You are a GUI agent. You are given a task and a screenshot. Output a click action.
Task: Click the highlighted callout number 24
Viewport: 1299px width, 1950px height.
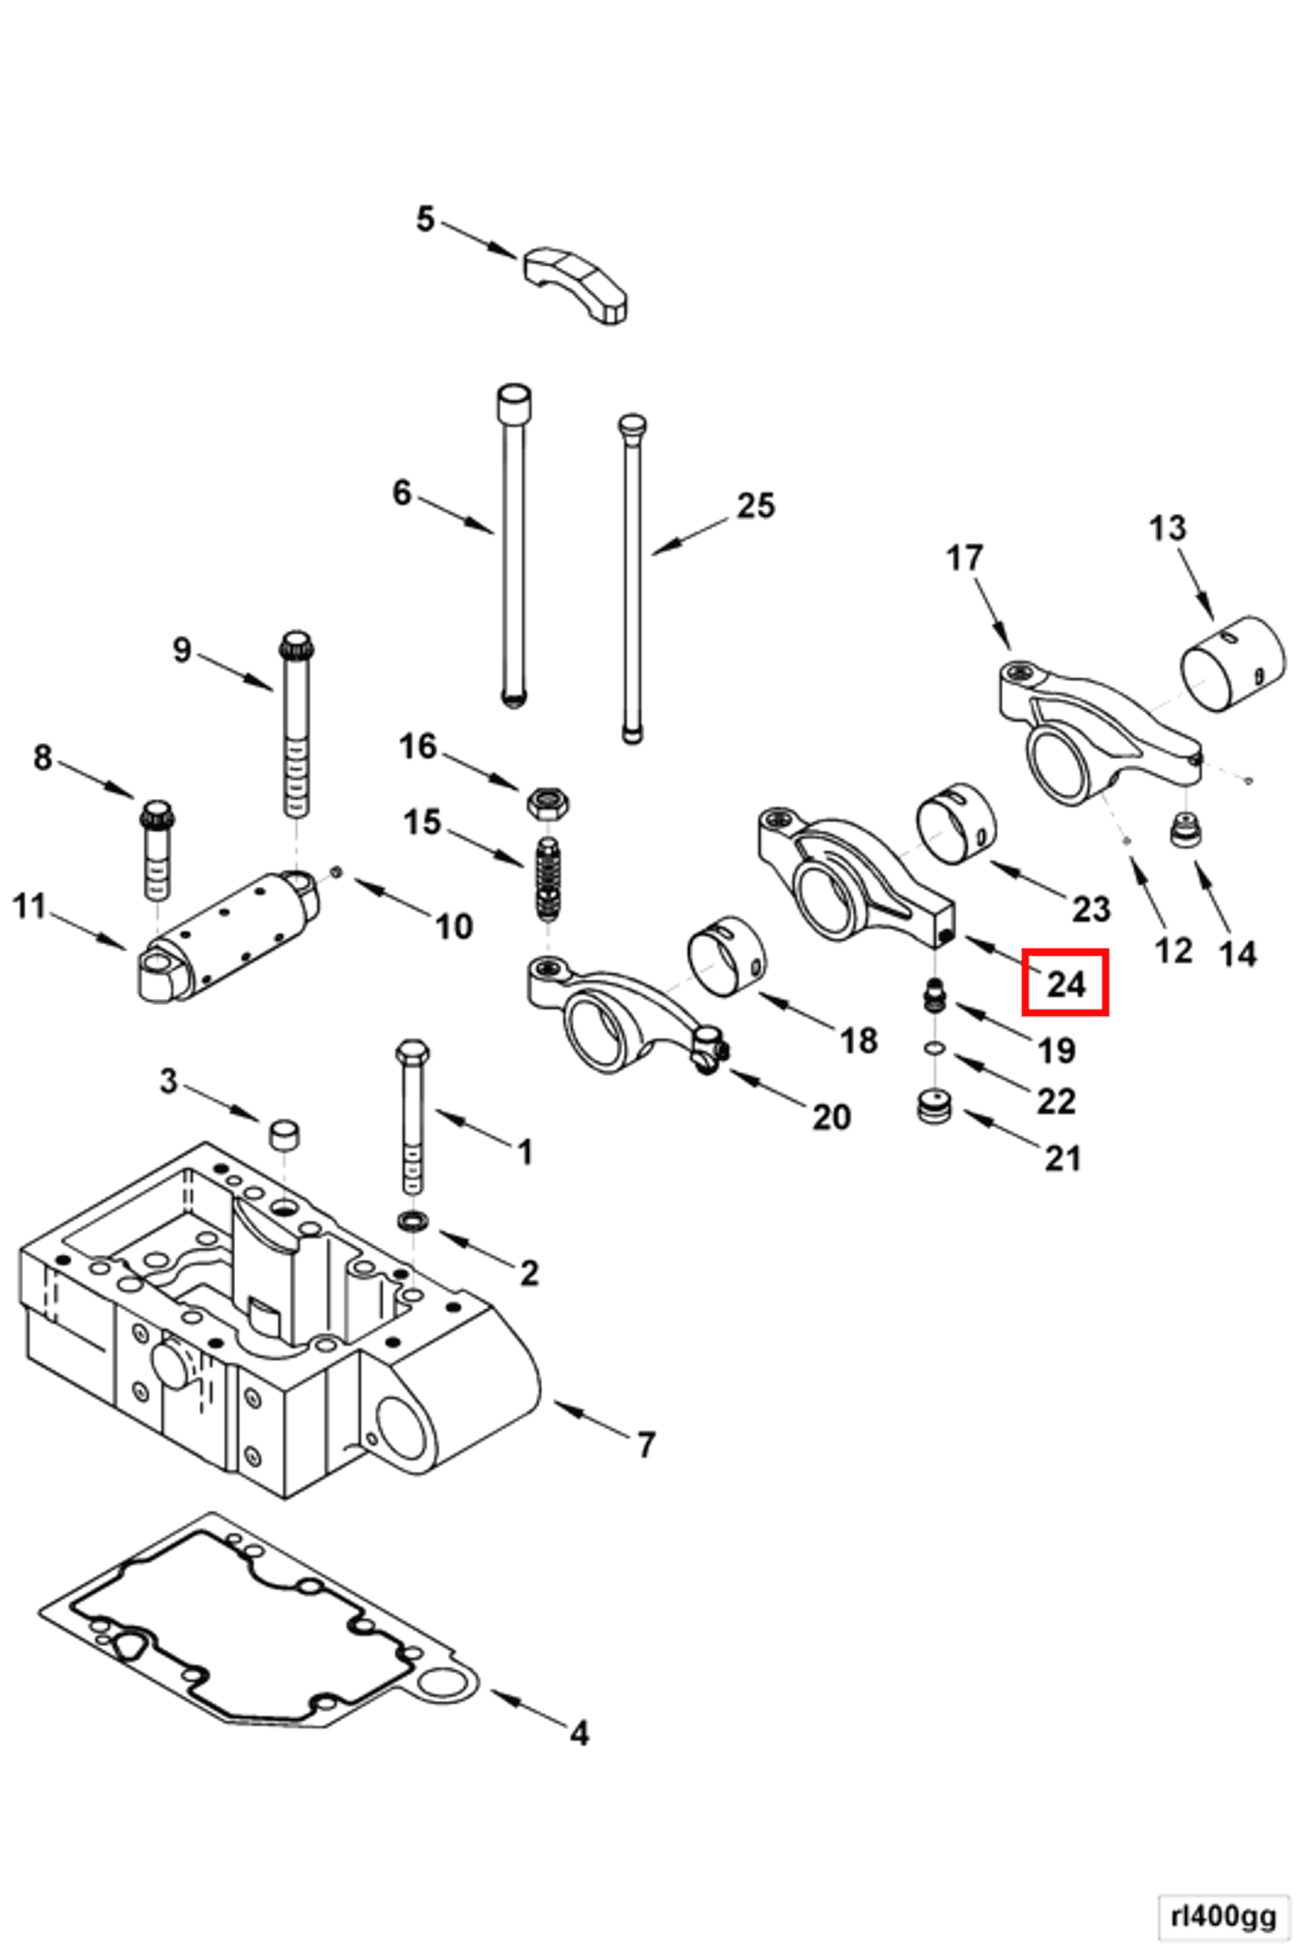[1065, 983]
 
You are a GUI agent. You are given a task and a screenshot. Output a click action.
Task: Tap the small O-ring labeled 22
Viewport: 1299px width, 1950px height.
[936, 1048]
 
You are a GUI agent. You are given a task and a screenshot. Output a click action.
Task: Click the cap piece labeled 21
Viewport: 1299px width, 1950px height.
[936, 1107]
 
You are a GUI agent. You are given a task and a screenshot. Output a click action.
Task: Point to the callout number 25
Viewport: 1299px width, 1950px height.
[755, 506]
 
